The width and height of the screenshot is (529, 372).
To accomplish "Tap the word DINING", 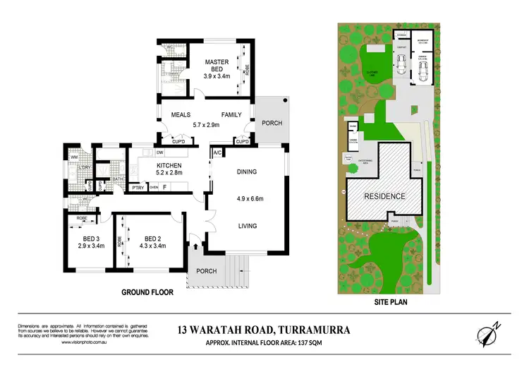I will click(x=247, y=172).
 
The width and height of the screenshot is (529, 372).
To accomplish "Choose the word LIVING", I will click(x=247, y=226).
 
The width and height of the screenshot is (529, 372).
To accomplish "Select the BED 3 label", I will click(x=90, y=239).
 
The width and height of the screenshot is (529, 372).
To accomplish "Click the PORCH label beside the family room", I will click(x=272, y=123).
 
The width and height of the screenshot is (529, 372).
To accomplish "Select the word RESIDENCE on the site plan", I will click(x=384, y=196).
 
